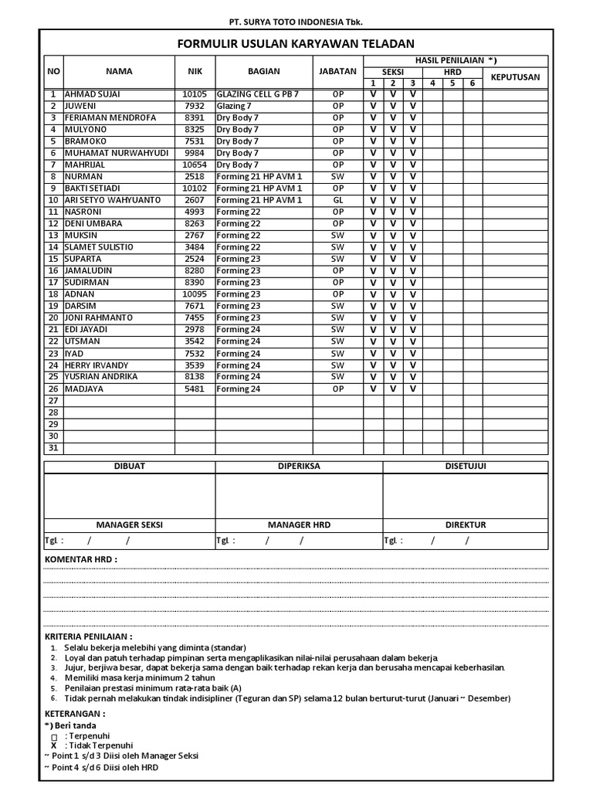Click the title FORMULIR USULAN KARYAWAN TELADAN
pos(296,43)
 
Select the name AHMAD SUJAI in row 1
pos(92,94)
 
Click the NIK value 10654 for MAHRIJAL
pos(195,165)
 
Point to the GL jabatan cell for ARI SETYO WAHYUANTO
pos(337,200)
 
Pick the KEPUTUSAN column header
pos(515,76)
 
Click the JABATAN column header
pos(337,71)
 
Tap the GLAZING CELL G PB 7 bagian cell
pos(257,94)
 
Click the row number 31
pos(53,448)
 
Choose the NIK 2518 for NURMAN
pos(195,177)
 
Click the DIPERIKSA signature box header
pos(299,467)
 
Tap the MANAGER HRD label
pos(299,525)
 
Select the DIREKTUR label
pos(466,525)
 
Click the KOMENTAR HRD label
pos(80,558)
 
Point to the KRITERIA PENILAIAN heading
pos(93,636)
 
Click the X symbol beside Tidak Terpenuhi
pos(54,745)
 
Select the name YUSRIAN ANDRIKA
pos(101,377)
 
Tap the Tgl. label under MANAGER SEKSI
pos(54,541)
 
